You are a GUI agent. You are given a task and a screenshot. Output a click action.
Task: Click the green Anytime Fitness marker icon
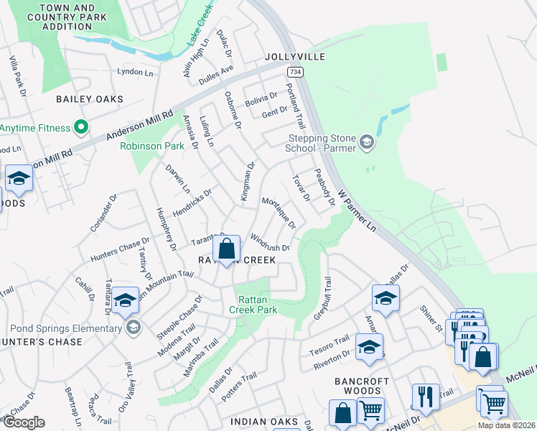[80, 128]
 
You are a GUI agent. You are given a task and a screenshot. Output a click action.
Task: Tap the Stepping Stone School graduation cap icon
[367, 142]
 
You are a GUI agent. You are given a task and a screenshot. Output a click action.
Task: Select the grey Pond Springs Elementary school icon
[132, 328]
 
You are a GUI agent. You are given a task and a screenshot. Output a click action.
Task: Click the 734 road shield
[294, 72]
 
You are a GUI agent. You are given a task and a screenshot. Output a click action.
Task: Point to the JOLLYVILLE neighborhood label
[295, 57]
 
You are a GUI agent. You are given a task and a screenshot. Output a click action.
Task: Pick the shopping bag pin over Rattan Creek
[227, 250]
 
